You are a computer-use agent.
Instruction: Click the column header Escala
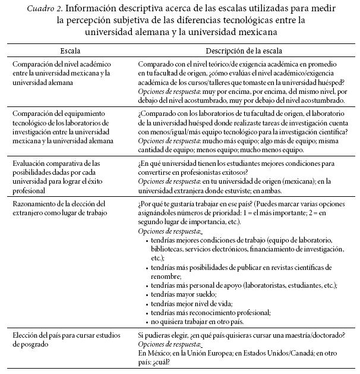pos(70,52)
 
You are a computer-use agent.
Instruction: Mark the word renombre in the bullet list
pos(166,276)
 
